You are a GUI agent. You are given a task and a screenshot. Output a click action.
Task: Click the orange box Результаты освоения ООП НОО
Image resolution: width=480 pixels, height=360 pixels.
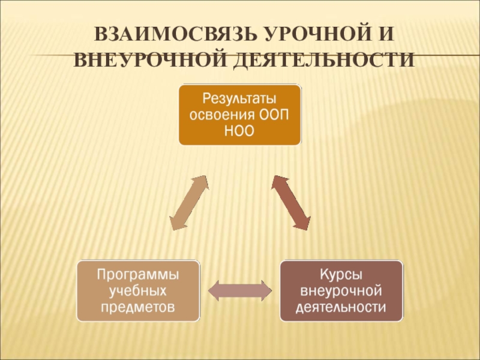239,114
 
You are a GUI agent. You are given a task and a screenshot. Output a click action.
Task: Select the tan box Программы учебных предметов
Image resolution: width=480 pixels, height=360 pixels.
138,290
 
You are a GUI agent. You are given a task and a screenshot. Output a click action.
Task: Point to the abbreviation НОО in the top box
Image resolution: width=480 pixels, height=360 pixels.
239,131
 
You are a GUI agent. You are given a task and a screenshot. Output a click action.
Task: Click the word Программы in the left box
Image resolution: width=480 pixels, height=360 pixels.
138,274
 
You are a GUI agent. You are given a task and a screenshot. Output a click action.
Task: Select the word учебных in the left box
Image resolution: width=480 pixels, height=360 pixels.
138,291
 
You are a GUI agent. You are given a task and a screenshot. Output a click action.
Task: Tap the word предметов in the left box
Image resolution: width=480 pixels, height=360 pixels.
138,307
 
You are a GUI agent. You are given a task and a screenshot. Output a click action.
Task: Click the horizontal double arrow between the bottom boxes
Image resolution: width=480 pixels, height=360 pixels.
240,290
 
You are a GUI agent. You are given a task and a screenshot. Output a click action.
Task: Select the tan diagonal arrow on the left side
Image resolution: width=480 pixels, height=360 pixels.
189,203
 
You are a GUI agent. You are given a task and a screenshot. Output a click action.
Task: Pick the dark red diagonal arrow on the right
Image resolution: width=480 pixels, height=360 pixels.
291,203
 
